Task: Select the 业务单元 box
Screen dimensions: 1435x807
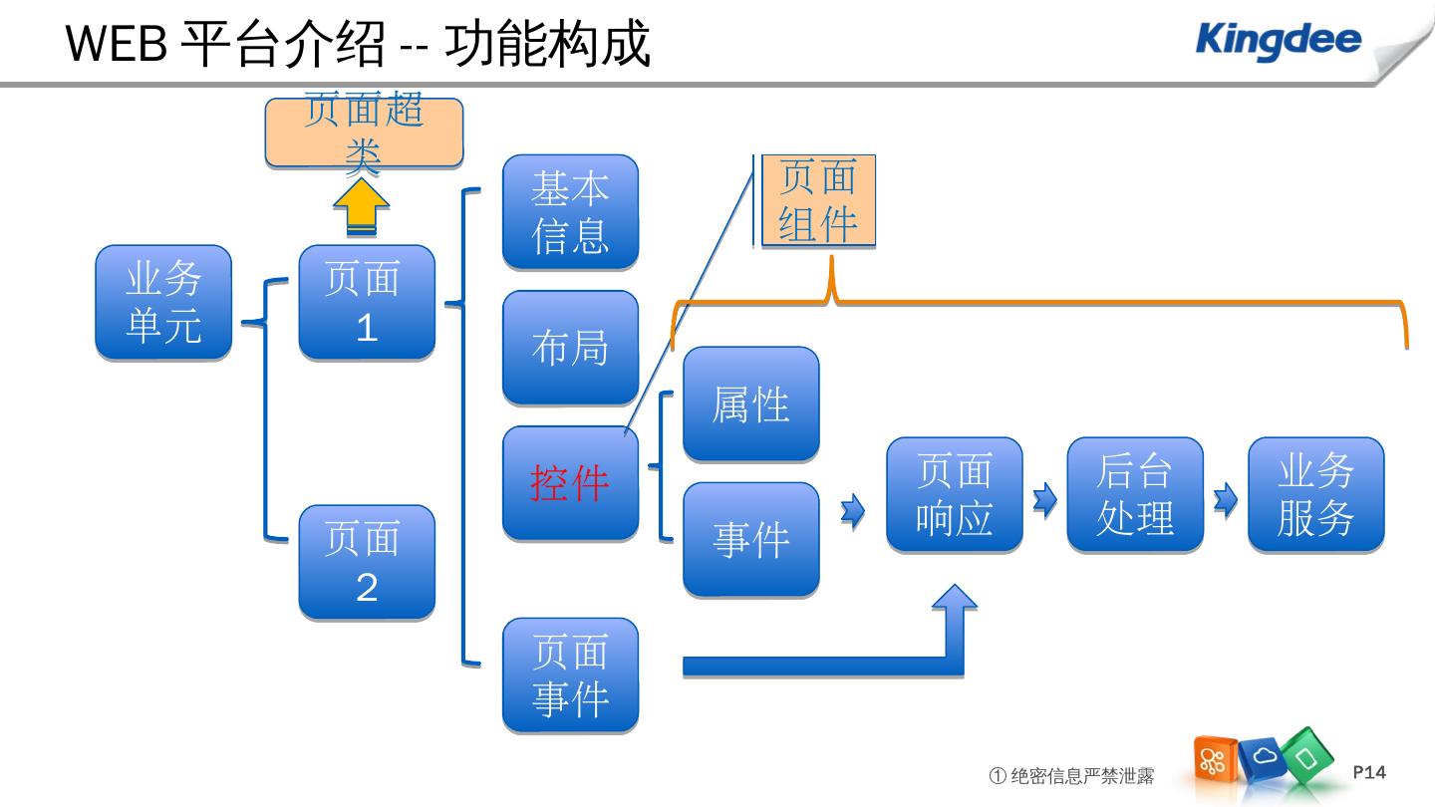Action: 163,302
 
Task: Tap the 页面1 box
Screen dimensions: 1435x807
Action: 367,302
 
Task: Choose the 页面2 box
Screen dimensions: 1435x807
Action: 367,562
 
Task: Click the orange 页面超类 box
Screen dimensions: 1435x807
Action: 364,133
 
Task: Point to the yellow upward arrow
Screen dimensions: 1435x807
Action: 362,206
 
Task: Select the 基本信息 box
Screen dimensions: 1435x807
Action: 571,211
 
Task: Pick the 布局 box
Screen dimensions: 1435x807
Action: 571,347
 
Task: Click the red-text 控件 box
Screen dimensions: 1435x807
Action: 571,483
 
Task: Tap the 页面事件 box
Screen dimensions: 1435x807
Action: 571,674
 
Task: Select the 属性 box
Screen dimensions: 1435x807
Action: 751,403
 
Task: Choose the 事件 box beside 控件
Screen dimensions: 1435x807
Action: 751,539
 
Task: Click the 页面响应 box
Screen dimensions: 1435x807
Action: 955,494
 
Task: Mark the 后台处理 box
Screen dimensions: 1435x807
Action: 1135,494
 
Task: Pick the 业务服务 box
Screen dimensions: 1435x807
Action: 1316,494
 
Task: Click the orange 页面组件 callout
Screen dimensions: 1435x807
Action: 818,200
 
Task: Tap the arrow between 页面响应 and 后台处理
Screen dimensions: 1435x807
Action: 1045,499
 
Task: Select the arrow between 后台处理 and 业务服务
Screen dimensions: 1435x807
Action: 1226,499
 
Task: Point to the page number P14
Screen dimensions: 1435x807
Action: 1369,772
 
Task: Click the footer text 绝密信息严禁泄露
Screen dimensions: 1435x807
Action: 1082,776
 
